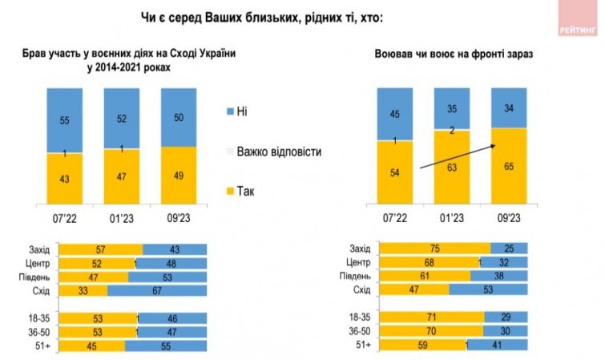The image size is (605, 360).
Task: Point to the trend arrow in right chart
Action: click(x=458, y=156)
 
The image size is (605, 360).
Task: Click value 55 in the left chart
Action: click(x=64, y=119)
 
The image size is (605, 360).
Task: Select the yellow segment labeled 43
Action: click(x=64, y=177)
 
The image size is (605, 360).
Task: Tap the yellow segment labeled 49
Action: click(x=178, y=174)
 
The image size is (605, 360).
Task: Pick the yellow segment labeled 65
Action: click(x=508, y=167)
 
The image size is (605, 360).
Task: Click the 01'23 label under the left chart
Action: click(x=121, y=217)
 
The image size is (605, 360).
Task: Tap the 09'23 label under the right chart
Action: click(x=508, y=217)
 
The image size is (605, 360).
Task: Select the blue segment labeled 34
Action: click(x=508, y=107)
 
